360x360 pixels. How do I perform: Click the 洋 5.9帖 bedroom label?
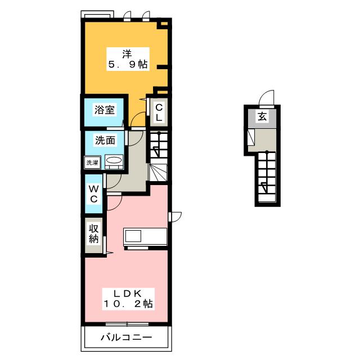coord(128,59)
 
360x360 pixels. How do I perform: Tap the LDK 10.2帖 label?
coord(128,299)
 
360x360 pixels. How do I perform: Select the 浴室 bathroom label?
coord(105,110)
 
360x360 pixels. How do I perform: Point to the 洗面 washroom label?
coord(105,140)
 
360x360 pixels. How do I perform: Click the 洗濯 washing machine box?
coord(92,163)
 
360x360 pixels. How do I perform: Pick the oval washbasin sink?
coord(114,160)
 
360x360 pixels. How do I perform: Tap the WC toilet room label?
coord(94,194)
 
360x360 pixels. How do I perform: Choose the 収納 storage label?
coord(94,234)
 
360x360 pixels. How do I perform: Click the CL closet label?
coord(159,112)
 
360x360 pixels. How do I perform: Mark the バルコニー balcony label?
coord(126,337)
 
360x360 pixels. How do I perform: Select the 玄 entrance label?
coord(262,116)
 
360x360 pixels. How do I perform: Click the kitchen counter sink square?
coord(133,236)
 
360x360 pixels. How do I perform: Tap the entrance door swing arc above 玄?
coord(266,97)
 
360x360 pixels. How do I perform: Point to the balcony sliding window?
coord(127,324)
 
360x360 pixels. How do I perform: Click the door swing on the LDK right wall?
coord(175,217)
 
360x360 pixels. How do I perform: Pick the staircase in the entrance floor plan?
coord(267,176)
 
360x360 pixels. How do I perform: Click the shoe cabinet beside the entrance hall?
coord(251,137)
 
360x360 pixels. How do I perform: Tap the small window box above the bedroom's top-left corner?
coord(97,14)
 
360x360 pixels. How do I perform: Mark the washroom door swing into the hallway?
coord(136,138)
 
